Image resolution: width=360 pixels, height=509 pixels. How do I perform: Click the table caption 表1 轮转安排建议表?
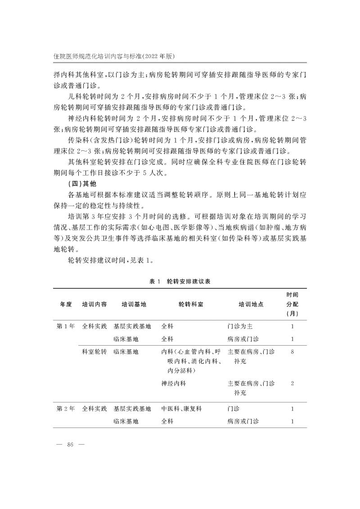180,281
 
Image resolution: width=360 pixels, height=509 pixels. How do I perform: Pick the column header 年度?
66,304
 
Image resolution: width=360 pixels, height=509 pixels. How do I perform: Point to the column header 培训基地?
134,304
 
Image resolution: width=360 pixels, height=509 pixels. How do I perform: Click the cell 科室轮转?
94,351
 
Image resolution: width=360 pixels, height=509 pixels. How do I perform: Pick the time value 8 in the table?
292,351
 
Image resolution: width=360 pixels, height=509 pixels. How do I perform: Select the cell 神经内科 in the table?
173,383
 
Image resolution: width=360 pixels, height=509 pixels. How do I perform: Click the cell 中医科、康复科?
182,409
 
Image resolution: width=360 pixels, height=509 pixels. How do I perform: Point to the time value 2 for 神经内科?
292,383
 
